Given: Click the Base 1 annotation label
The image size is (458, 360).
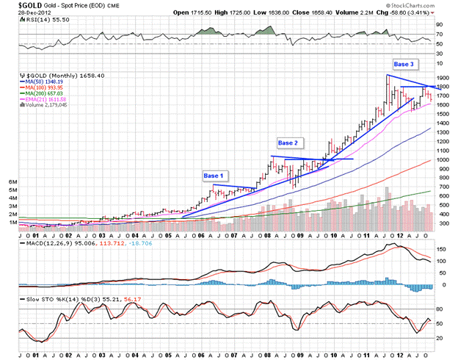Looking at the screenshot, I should click(214, 176).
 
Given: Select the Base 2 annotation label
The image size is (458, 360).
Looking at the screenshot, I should click(288, 141).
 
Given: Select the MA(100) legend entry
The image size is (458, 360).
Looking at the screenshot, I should click(42, 88).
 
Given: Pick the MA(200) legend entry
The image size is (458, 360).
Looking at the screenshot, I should click(42, 94).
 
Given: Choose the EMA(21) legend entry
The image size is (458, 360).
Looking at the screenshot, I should click(43, 101).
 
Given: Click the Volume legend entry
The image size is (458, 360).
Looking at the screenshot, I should click(40, 107).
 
